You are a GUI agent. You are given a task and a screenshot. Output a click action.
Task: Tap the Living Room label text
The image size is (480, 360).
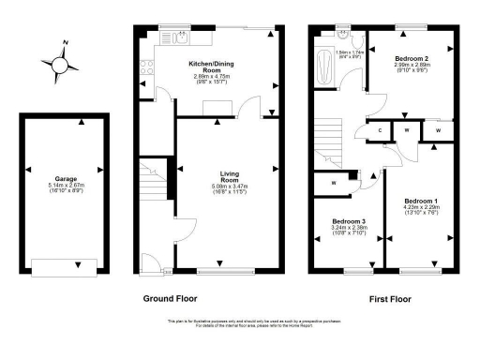tap(230, 177)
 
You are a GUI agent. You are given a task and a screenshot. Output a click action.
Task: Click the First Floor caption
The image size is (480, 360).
tap(388, 298)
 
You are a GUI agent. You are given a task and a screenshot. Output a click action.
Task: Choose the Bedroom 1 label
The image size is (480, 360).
tap(420, 202)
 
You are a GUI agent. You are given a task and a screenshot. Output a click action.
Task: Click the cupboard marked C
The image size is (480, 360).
tap(381, 130)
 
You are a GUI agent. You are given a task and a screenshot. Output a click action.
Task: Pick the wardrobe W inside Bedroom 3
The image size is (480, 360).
tap(334, 183)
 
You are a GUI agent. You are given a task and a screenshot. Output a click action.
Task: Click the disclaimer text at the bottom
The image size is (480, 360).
tap(240, 323)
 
